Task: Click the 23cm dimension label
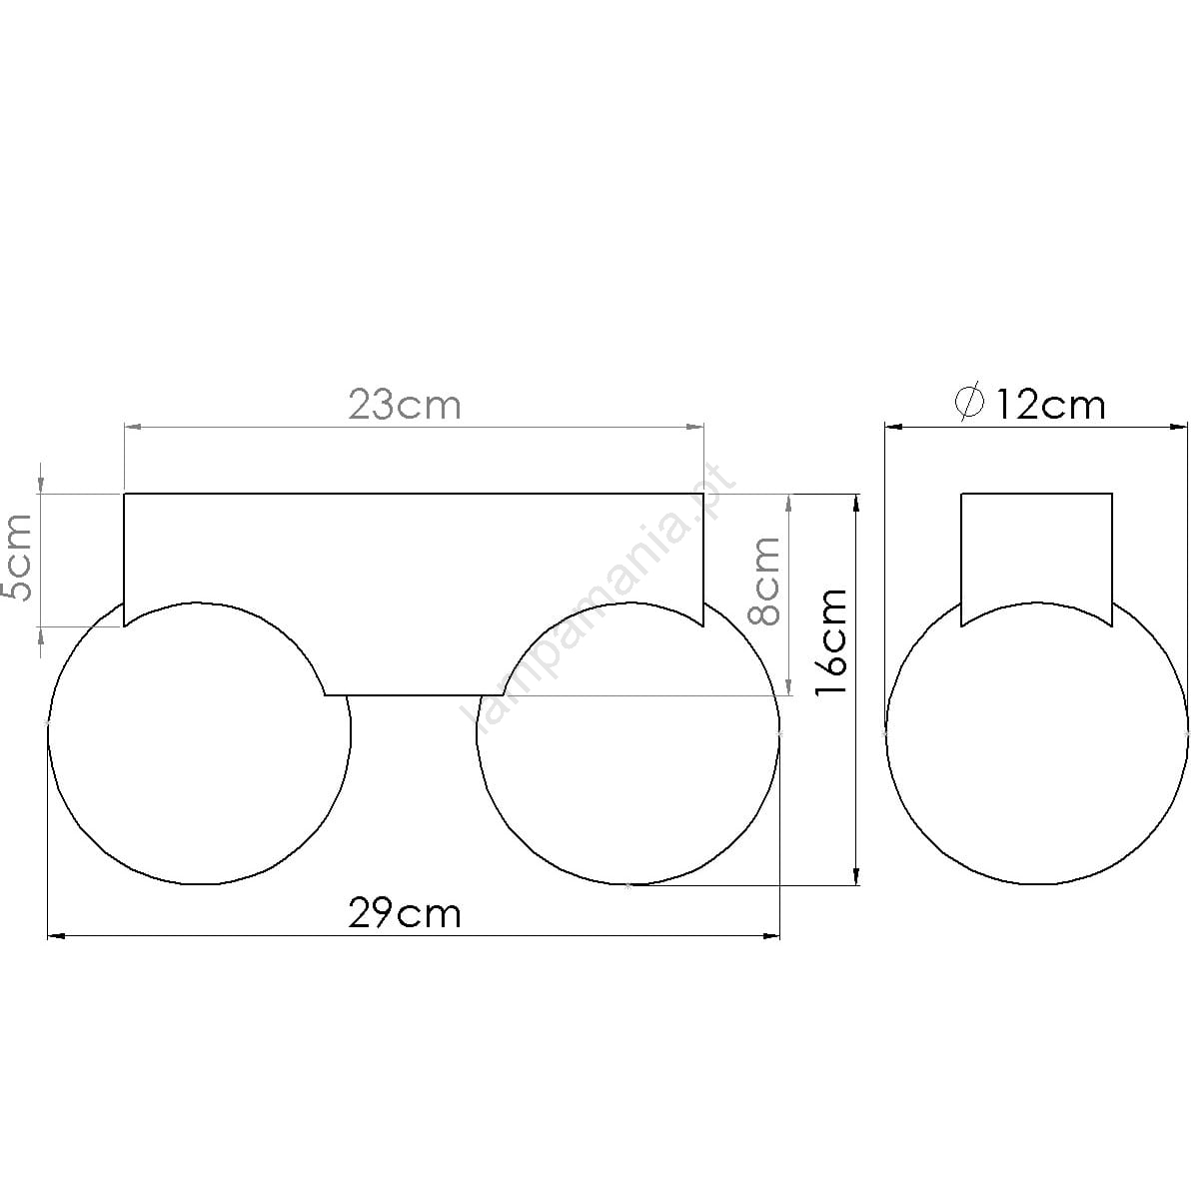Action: (x=405, y=406)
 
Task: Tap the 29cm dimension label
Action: (x=405, y=914)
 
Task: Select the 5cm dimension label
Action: (x=17, y=558)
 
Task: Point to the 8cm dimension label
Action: (x=763, y=581)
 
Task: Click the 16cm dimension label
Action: (x=832, y=641)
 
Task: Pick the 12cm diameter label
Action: (x=1051, y=406)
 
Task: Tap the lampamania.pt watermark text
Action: (x=597, y=598)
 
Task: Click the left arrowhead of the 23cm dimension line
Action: (x=133, y=427)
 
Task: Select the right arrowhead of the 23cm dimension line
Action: (x=695, y=427)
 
